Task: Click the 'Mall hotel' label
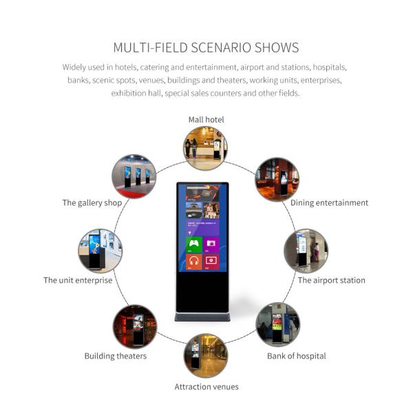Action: point(206,120)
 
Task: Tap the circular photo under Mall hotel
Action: point(205,148)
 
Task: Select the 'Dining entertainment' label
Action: point(329,203)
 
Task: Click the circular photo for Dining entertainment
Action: point(277,180)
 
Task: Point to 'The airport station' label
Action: point(331,280)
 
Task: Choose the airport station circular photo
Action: point(306,251)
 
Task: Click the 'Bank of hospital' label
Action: point(296,356)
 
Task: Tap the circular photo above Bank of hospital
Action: point(277,324)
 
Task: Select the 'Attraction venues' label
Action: point(206,387)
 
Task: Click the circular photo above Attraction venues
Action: point(206,356)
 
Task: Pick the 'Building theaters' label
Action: point(116,356)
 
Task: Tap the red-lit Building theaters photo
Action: point(135,326)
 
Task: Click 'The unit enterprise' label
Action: point(78,280)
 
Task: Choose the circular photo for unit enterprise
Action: point(100,251)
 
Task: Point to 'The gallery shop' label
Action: point(92,203)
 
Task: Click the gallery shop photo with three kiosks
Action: point(134,176)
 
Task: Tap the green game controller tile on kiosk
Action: point(194,244)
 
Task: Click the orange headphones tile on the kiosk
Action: point(194,262)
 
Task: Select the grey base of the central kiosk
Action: point(202,317)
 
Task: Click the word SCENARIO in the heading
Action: point(221,47)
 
